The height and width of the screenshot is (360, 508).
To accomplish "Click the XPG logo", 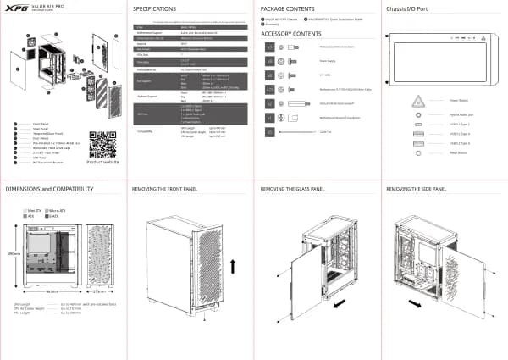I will coord(14,7).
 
